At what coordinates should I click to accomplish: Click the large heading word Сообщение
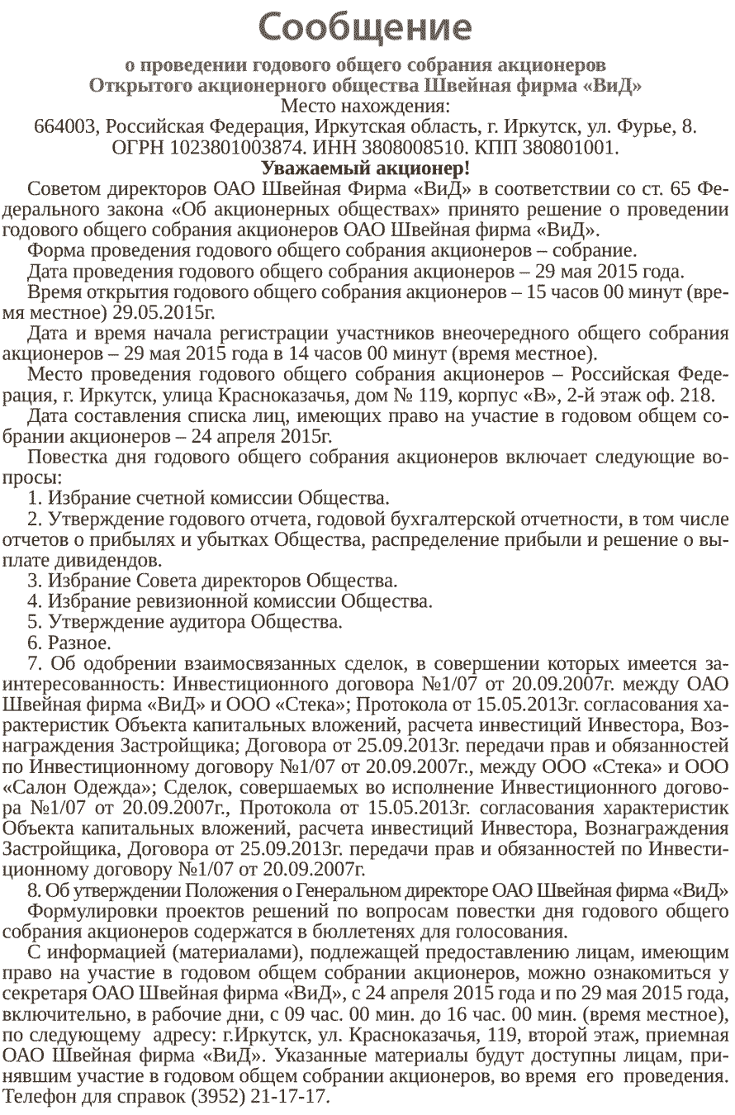pyautogui.click(x=367, y=27)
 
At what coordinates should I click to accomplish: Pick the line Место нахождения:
pyautogui.click(x=367, y=107)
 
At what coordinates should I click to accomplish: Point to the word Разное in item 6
pyautogui.click(x=79, y=641)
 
